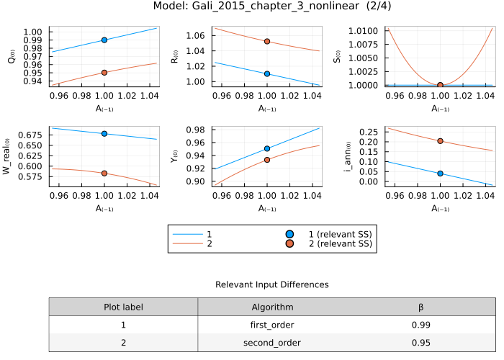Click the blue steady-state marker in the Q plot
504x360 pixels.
coord(104,40)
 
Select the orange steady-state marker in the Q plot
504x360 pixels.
coord(104,73)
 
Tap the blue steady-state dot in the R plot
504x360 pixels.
coord(267,73)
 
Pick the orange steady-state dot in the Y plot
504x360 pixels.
coord(267,160)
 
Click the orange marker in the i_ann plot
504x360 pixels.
coord(440,141)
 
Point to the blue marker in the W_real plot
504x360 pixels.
coord(104,134)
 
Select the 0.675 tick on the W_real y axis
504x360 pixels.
coord(34,135)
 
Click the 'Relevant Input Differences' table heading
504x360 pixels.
coord(272,285)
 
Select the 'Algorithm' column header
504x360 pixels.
coord(272,307)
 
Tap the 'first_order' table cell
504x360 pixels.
coord(272,325)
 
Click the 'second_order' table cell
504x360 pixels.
coord(272,343)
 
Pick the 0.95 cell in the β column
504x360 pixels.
coord(421,343)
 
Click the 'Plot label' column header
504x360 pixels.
coord(123,307)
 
